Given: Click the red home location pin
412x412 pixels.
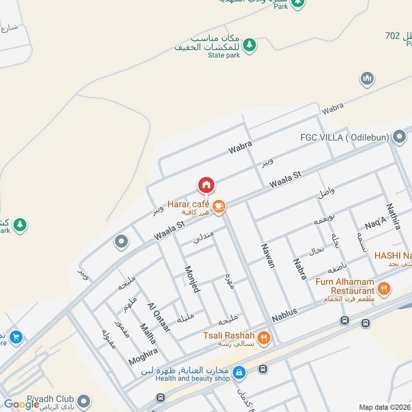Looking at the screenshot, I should pos(206,185).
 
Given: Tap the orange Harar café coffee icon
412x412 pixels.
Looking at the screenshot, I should pos(218,205).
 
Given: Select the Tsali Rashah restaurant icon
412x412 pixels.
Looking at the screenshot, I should pos(264,337).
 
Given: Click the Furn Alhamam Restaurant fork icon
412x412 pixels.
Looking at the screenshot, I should pos(383,289).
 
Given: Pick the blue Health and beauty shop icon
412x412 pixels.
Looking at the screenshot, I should pos(238,371).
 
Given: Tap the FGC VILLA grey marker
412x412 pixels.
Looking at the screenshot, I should pos(399,137).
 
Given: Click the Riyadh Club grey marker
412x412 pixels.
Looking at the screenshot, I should pos(84,400).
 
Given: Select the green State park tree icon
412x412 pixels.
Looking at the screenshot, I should pos(249,45).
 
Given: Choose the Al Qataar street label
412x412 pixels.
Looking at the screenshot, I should pos(159,316).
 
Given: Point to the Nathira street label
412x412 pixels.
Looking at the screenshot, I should pos(393,216).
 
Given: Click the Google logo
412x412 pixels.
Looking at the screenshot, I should pos(22,404).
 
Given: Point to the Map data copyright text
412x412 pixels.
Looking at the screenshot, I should pos(384,407).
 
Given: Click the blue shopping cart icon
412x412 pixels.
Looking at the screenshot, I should pos(16,337).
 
